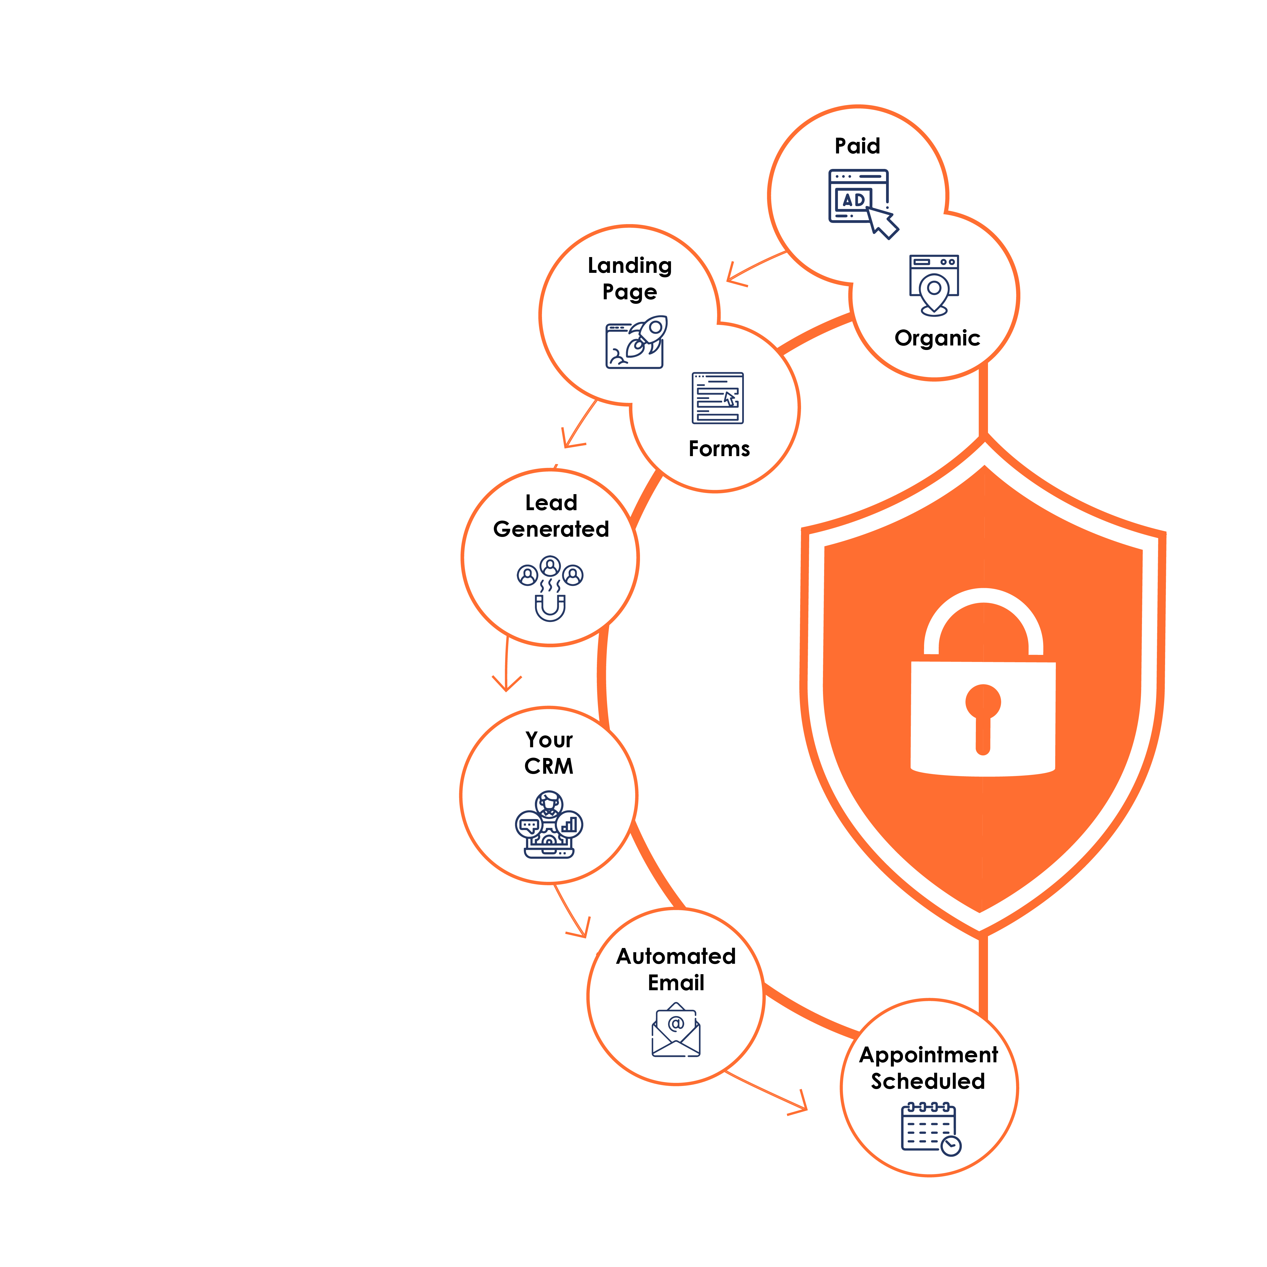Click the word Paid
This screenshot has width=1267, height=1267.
coord(857,146)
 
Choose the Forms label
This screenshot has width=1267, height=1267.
coord(719,449)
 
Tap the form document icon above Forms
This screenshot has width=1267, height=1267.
coord(717,398)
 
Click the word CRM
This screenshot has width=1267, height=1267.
coord(549,766)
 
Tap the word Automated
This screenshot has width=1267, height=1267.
coord(675,956)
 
